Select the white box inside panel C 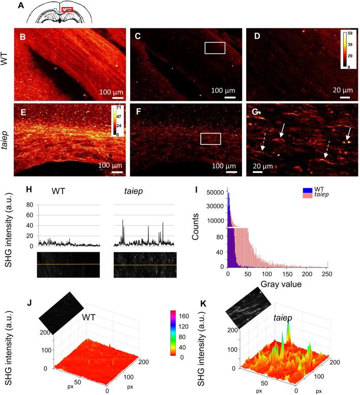tap(215, 47)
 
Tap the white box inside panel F tap(211, 139)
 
